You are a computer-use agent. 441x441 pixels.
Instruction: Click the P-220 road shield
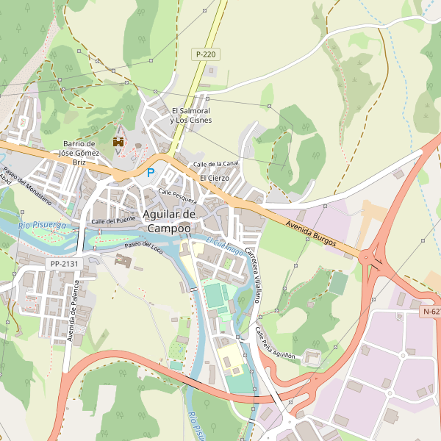point(206,54)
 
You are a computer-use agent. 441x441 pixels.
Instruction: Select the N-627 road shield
point(431,312)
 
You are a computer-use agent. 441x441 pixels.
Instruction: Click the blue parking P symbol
point(151,173)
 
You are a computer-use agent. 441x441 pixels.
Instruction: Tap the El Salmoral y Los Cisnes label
point(190,115)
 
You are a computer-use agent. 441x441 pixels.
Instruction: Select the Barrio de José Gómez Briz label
point(80,153)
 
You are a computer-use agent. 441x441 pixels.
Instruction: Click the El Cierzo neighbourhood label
point(215,178)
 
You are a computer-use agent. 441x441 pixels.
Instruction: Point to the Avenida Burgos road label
point(312,232)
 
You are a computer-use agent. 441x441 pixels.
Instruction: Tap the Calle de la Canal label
point(215,163)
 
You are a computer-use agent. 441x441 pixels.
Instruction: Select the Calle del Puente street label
point(113,220)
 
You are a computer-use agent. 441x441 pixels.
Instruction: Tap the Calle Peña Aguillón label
point(275,343)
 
